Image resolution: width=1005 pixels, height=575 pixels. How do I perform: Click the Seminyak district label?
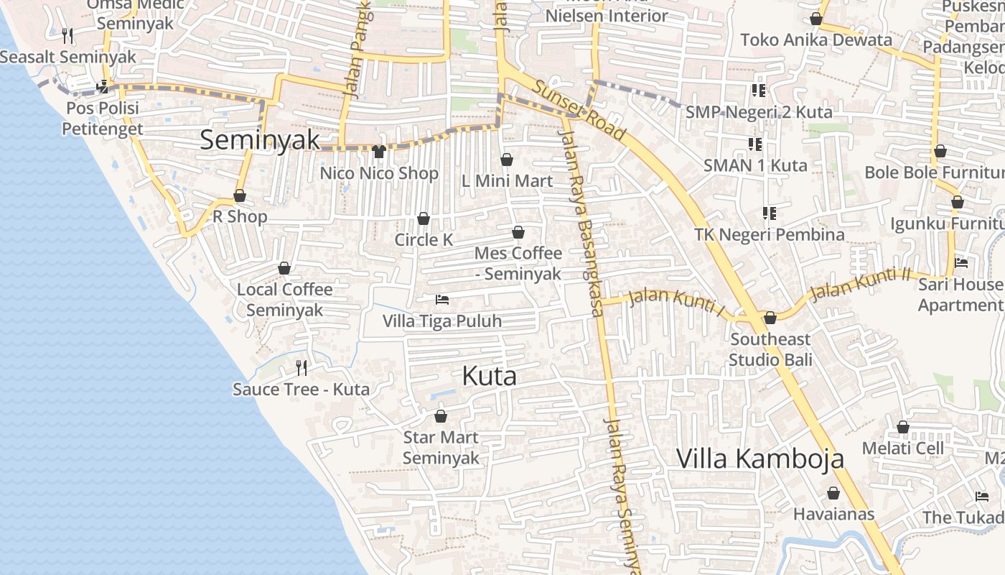point(259,139)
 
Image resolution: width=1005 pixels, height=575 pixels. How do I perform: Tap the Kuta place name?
point(489,376)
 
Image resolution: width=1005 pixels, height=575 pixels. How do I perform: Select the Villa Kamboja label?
point(759,458)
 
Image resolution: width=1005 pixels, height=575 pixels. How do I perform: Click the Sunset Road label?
point(579,110)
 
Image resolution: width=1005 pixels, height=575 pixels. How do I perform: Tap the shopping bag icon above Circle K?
point(424,218)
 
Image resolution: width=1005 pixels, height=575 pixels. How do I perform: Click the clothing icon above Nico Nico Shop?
point(379,152)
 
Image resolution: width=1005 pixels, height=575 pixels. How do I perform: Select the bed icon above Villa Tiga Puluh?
point(442,299)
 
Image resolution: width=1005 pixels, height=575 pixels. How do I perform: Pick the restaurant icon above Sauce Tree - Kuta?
point(301,368)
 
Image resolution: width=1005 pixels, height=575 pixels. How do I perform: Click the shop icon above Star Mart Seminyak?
point(441,416)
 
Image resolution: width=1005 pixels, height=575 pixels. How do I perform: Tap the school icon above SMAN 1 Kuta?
point(754,144)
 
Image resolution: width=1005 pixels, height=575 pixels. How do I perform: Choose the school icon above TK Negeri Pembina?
point(769,213)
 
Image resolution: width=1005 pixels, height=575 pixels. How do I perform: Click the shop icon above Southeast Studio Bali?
point(770,318)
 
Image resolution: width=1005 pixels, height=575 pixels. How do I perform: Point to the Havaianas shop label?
point(833,514)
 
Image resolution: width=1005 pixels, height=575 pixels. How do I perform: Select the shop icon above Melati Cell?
point(903,428)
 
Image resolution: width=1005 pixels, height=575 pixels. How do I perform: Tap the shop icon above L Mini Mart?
point(507,160)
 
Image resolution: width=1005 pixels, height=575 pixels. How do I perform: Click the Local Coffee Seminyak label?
point(285,300)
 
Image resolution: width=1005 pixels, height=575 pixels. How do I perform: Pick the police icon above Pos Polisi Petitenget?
point(103,87)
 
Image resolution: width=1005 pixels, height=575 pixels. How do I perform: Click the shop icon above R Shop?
point(240,196)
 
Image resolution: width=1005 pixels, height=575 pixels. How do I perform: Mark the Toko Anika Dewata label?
point(815,40)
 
